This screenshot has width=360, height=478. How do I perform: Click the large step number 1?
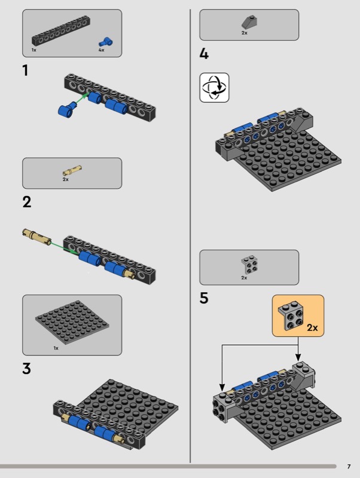coord(25,70)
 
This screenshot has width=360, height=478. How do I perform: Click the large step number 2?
coord(27,202)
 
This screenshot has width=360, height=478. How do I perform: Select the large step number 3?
coord(26,368)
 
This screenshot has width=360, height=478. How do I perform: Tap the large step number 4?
coord(204,54)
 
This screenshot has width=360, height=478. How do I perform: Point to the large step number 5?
coord(204,298)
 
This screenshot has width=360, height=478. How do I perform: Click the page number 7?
coord(349,467)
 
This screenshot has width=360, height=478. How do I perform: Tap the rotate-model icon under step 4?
coord(214,87)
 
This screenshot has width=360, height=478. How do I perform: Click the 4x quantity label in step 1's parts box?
coord(101,50)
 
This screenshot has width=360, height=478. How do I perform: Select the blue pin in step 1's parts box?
coord(106,42)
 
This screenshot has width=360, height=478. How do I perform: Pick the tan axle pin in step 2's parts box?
coord(72,170)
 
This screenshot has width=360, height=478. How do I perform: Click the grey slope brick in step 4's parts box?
coord(249,22)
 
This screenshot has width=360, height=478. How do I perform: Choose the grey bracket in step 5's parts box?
coord(249,264)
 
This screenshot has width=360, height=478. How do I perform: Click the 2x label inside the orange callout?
coord(312,327)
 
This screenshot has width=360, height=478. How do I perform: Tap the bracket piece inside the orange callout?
coord(291,316)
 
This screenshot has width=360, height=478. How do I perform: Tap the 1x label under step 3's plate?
coord(56,348)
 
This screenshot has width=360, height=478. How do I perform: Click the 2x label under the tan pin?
coord(66,180)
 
